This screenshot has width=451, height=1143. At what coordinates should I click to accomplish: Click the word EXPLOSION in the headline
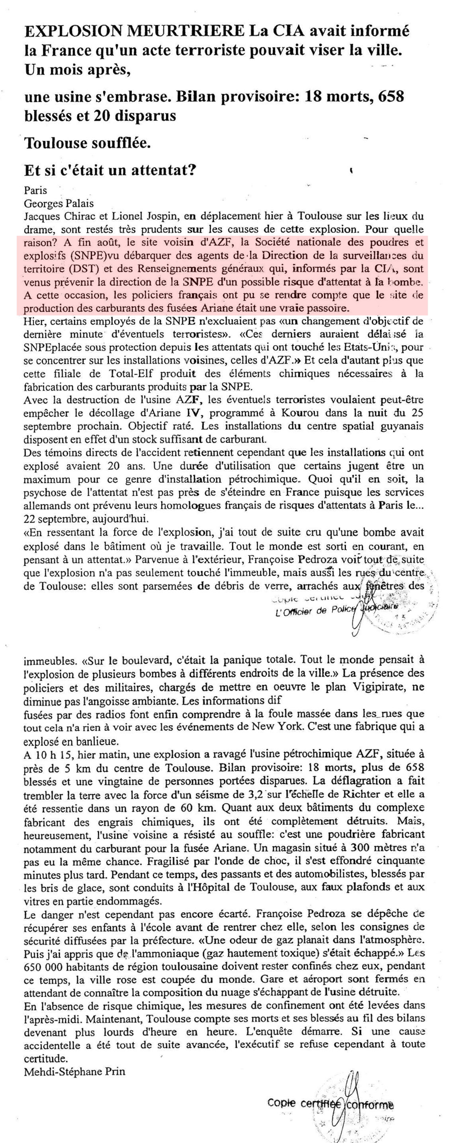pyautogui.click(x=73, y=31)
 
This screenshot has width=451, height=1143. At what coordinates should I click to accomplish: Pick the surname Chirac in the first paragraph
pyautogui.click(x=89, y=217)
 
